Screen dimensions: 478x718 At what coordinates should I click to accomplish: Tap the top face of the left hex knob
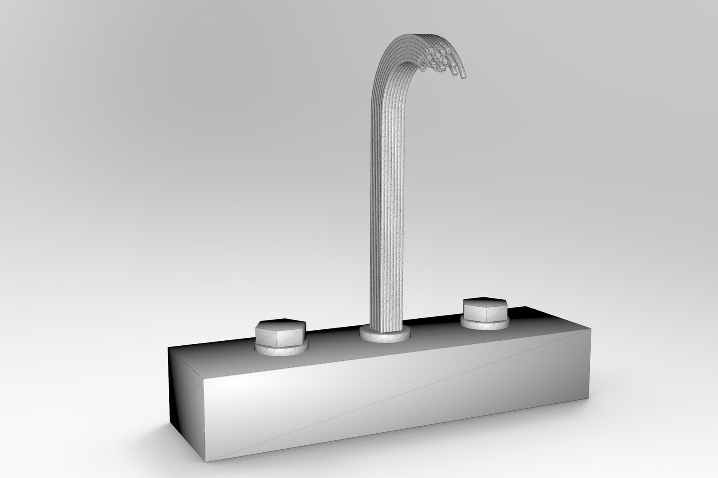pos(281,324)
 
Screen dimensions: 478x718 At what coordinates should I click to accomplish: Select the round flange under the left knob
pos(281,350)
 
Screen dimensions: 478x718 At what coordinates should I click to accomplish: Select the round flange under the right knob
pos(485,325)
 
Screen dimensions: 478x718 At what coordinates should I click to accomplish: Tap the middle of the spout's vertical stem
pos(386,199)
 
